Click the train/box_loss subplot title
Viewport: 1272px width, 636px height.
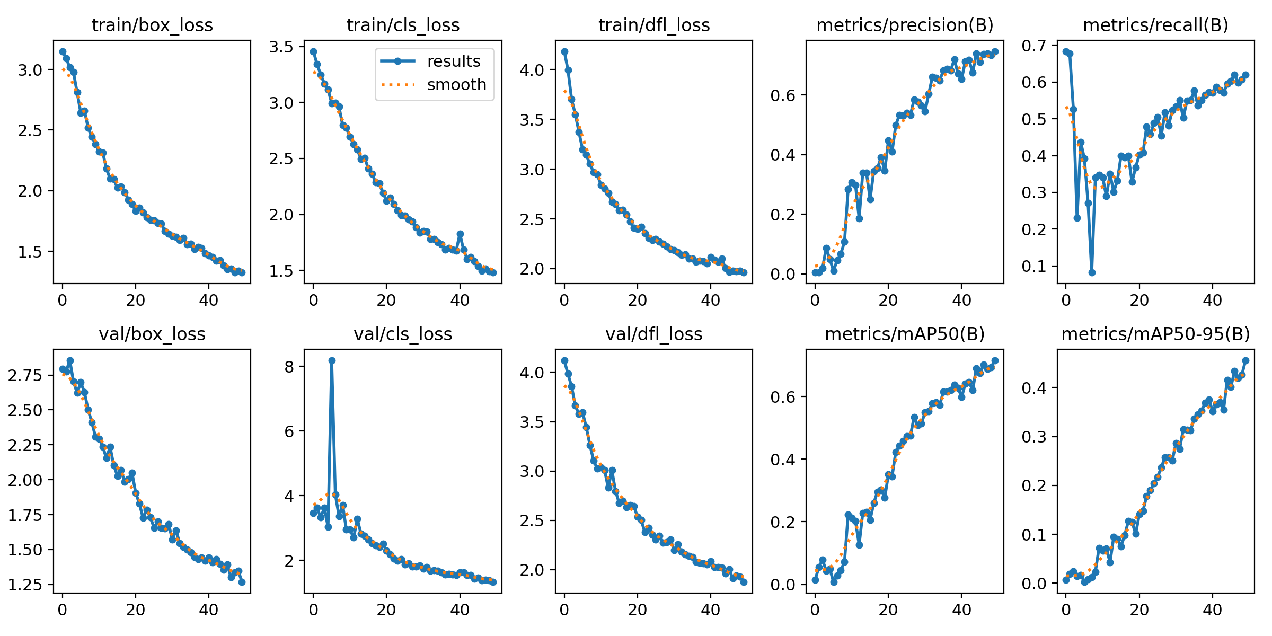click(x=152, y=25)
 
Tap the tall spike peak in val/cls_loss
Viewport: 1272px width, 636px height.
click(x=332, y=360)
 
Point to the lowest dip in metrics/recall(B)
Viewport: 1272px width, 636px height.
click(x=1092, y=272)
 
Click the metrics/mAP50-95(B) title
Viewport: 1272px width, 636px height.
click(x=1155, y=334)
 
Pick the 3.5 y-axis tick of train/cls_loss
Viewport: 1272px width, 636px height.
click(x=281, y=47)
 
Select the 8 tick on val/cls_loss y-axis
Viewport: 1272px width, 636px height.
click(x=289, y=366)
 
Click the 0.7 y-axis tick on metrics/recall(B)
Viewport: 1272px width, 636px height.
click(x=1034, y=46)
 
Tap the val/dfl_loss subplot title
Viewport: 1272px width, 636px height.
click(x=654, y=334)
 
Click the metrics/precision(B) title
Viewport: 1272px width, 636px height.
click(x=905, y=25)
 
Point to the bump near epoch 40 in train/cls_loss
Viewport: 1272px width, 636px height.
click(x=460, y=234)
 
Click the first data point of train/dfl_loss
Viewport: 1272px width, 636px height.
click(x=564, y=51)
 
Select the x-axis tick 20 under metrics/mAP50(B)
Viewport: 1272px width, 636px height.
click(x=888, y=609)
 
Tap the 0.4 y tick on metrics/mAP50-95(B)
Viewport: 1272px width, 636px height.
click(x=1034, y=387)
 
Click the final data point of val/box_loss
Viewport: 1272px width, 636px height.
click(x=242, y=582)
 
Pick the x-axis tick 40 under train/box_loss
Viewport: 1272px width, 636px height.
click(x=209, y=301)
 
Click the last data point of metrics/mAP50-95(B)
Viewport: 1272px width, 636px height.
click(x=1245, y=360)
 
